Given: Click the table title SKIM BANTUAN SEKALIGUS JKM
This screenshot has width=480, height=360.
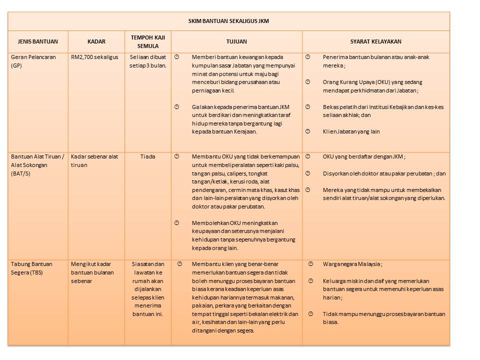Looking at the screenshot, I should point(228,21).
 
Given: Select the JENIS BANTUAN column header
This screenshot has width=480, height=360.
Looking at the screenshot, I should point(37,42).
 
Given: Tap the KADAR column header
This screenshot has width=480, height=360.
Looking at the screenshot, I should point(96,42).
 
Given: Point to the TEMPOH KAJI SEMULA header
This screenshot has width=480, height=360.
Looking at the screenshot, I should point(147,41).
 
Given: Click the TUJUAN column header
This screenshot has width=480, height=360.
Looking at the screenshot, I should point(236,42).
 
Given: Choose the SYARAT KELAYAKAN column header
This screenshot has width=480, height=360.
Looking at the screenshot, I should point(375,42).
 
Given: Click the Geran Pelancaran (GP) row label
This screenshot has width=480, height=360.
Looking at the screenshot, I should point(31,61).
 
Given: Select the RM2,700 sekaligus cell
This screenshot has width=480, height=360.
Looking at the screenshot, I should point(94,57).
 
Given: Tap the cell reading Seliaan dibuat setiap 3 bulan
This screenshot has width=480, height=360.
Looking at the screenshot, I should point(147,61).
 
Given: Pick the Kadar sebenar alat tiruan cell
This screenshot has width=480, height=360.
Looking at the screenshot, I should point(94,160).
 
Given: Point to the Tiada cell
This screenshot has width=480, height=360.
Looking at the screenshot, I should point(147,156).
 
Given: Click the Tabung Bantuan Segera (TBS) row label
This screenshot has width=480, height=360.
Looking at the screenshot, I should point(31,268).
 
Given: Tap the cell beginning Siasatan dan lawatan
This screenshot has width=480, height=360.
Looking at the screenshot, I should point(147,289).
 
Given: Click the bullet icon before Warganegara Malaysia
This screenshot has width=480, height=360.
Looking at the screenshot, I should point(310,263).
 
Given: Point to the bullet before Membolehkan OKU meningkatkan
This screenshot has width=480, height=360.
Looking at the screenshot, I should point(176,222).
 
